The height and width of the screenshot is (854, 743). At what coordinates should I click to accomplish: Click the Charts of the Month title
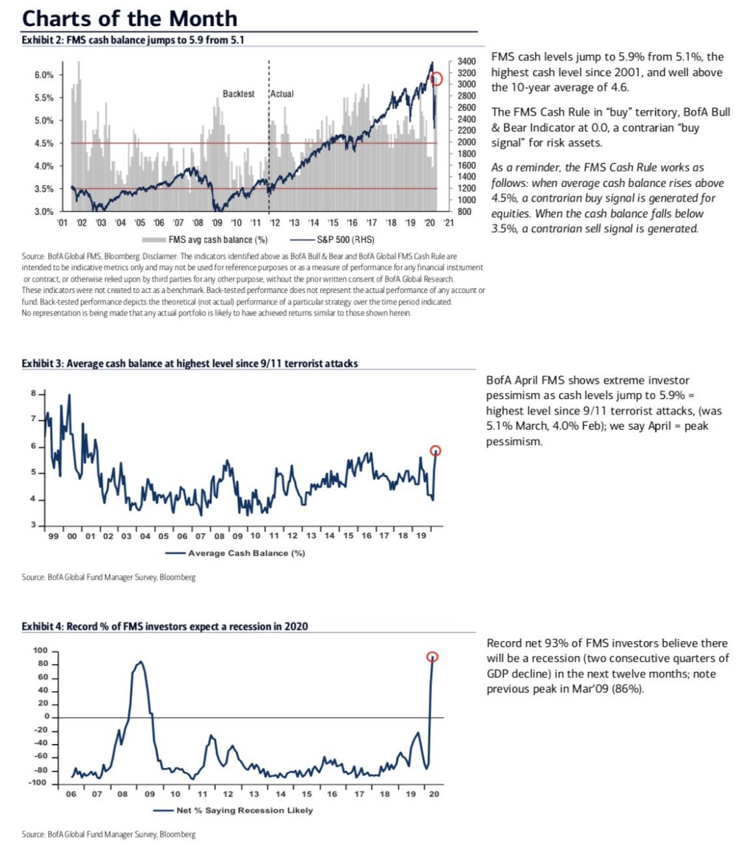coord(129,18)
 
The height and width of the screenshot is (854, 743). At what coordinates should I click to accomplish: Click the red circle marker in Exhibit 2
coord(437,79)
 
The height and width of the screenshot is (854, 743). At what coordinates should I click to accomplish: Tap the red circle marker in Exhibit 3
coord(436,450)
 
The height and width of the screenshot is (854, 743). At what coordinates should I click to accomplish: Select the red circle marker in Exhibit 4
coord(432,657)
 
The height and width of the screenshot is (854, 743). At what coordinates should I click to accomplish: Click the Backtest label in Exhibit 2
coord(238,94)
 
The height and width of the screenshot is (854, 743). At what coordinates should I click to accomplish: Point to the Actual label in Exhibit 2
coord(281,94)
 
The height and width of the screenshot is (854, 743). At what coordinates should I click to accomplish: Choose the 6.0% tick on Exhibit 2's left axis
coord(43,75)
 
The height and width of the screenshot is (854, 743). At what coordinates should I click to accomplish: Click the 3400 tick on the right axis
coord(466,61)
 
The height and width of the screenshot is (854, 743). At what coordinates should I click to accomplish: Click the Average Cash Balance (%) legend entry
coord(246,553)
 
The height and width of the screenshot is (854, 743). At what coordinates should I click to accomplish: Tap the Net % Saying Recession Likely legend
coord(244,810)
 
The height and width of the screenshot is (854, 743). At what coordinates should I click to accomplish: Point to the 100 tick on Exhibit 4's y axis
coord(41,651)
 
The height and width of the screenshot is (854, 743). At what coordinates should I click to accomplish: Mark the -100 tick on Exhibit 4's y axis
coord(39,782)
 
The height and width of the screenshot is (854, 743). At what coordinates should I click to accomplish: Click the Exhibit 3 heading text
coord(189,364)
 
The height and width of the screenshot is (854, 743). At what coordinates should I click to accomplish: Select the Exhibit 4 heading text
coord(165,626)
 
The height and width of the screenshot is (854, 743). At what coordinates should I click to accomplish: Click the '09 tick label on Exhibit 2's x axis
coord(217,223)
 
